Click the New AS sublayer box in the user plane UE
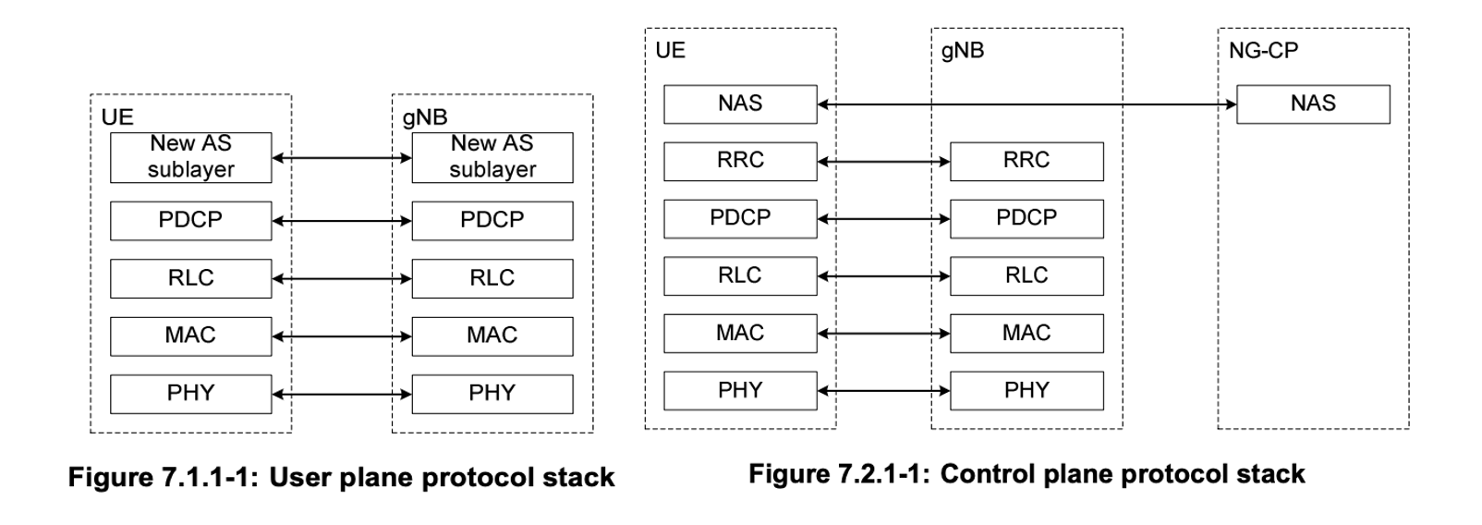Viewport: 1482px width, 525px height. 190,157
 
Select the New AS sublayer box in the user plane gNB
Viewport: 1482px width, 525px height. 492,157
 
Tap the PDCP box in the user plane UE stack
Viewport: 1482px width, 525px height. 190,220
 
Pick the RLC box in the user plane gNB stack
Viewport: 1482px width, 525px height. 492,278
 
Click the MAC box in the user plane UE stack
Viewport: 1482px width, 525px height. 190,336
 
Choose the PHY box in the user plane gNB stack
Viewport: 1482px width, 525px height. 492,394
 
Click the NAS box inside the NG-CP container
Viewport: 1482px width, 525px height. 1312,104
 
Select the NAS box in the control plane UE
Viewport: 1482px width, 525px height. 739,104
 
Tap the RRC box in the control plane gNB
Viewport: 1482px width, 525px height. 1026,161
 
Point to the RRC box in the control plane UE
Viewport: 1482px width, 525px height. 739,161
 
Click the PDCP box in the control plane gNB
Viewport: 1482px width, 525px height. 1026,218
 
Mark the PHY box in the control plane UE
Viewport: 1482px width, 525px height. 739,391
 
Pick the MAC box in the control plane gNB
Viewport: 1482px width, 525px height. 1026,333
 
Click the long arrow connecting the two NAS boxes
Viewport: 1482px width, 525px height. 1026,104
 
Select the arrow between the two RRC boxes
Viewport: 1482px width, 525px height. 883,163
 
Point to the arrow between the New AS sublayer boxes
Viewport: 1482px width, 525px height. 341,158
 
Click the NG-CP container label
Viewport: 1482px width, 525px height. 1262,50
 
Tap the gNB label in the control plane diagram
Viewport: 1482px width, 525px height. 962,50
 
